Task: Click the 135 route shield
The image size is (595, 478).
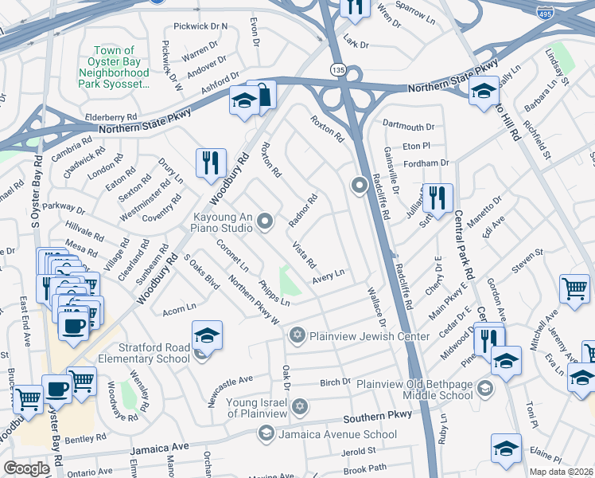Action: coord(338,69)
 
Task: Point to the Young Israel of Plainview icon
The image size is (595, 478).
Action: coord(299,407)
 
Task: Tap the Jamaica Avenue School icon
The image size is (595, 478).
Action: coord(265,433)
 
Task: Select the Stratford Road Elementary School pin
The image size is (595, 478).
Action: coord(207,336)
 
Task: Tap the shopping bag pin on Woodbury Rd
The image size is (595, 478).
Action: coord(262,96)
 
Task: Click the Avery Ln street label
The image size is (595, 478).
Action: coord(328,273)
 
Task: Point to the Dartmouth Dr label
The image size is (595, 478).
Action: coord(408,126)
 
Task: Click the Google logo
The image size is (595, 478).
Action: coord(26,468)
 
